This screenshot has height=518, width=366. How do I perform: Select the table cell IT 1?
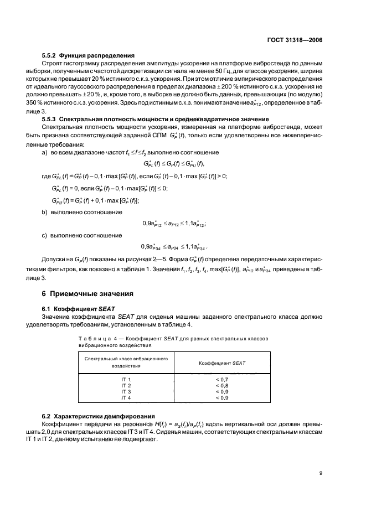[x=126, y=379]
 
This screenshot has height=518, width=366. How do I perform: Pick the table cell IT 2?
[x=126, y=385]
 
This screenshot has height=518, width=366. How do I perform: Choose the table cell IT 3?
[x=126, y=391]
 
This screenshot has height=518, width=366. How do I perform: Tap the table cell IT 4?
[x=126, y=397]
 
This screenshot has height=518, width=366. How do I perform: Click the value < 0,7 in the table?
[x=221, y=379]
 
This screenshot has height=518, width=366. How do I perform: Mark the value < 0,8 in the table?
[x=221, y=385]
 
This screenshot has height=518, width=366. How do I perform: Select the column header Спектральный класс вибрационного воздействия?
[x=126, y=362]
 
